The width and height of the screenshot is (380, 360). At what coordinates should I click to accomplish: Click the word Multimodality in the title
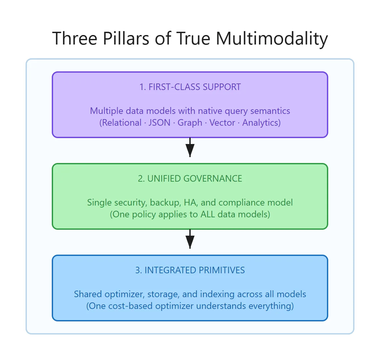[272, 39]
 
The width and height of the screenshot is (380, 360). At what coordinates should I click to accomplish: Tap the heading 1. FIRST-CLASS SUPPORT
[190, 87]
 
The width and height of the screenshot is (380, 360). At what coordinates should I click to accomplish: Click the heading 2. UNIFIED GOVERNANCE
[190, 179]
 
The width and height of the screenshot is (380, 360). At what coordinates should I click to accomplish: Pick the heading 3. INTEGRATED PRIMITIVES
[190, 270]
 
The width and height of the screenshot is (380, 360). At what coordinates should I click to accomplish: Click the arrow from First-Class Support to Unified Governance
[190, 147]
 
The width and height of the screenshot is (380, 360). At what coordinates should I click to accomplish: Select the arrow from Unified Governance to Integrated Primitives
[190, 239]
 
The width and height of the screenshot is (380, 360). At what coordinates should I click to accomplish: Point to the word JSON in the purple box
[160, 123]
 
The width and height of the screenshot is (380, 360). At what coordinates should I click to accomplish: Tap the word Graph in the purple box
[190, 123]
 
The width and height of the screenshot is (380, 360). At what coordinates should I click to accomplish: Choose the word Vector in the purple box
[222, 123]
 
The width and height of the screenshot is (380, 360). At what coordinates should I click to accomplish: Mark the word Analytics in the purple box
[261, 123]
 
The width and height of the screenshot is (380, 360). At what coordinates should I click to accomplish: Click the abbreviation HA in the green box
[190, 203]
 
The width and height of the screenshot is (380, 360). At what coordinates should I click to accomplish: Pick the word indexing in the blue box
[217, 294]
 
